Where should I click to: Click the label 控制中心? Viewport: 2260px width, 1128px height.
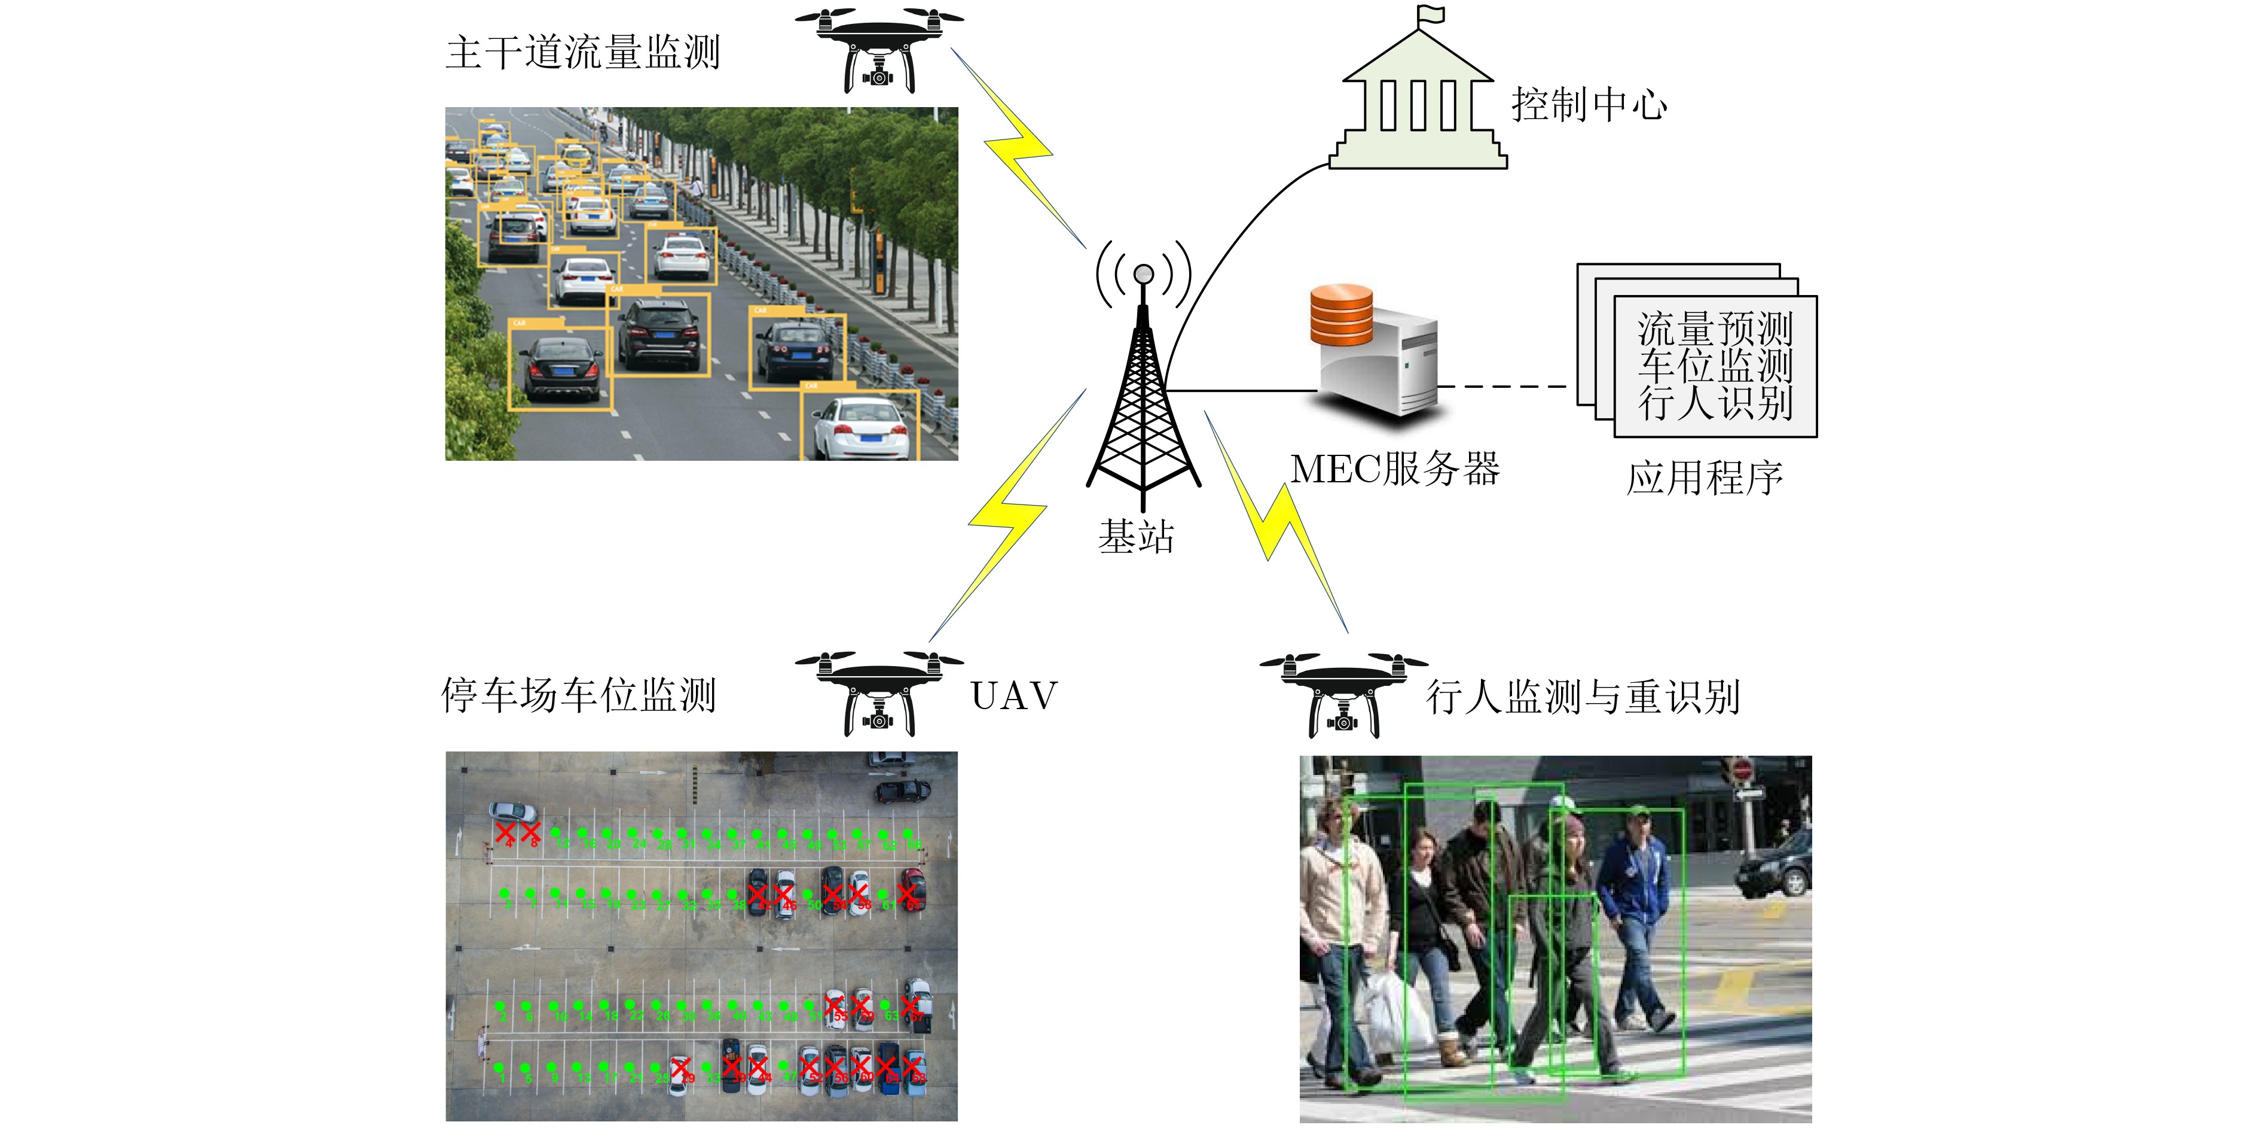point(1589,105)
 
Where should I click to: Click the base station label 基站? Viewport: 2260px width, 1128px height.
point(1136,536)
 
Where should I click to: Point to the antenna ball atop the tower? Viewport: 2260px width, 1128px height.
point(1143,275)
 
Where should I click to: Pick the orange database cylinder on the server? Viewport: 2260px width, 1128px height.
point(1342,314)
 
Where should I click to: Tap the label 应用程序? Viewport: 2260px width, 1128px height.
point(1705,478)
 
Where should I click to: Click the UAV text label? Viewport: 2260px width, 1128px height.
point(1014,696)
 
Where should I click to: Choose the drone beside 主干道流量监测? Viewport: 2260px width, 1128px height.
point(878,48)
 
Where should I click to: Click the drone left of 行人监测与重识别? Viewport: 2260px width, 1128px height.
point(1343,694)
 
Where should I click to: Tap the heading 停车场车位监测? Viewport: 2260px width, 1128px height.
point(579,695)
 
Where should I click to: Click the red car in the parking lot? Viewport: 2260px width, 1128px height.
point(912,889)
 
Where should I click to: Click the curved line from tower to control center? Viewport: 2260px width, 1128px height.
point(1228,254)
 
